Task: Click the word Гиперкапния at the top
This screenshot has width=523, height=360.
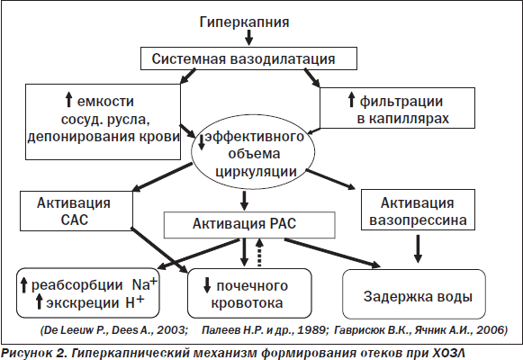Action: pos(244,22)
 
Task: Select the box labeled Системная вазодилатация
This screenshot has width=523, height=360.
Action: pos(248,58)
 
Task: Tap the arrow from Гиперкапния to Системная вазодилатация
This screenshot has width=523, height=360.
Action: pos(248,37)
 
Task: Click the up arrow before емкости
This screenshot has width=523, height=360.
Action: pos(68,100)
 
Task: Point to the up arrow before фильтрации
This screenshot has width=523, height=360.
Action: pos(351,100)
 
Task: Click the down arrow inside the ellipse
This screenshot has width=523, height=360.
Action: pos(202,142)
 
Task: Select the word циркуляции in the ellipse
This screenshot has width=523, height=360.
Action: pos(256,172)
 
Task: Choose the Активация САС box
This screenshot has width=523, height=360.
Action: pos(77,211)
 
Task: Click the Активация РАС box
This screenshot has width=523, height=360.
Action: pos(249,225)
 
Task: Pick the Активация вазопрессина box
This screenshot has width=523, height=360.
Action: pos(418,210)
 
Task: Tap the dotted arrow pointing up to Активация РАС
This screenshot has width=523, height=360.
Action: pos(259,252)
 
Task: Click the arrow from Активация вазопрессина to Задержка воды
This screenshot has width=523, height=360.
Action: pos(418,248)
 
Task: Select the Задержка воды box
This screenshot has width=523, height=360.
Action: pos(414,294)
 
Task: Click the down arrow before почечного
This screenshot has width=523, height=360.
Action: pos(207,285)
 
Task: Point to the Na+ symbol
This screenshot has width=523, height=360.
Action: pos(144,283)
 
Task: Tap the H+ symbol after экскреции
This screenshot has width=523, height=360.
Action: pos(135,301)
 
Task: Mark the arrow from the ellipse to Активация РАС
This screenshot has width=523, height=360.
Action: pos(245,201)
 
